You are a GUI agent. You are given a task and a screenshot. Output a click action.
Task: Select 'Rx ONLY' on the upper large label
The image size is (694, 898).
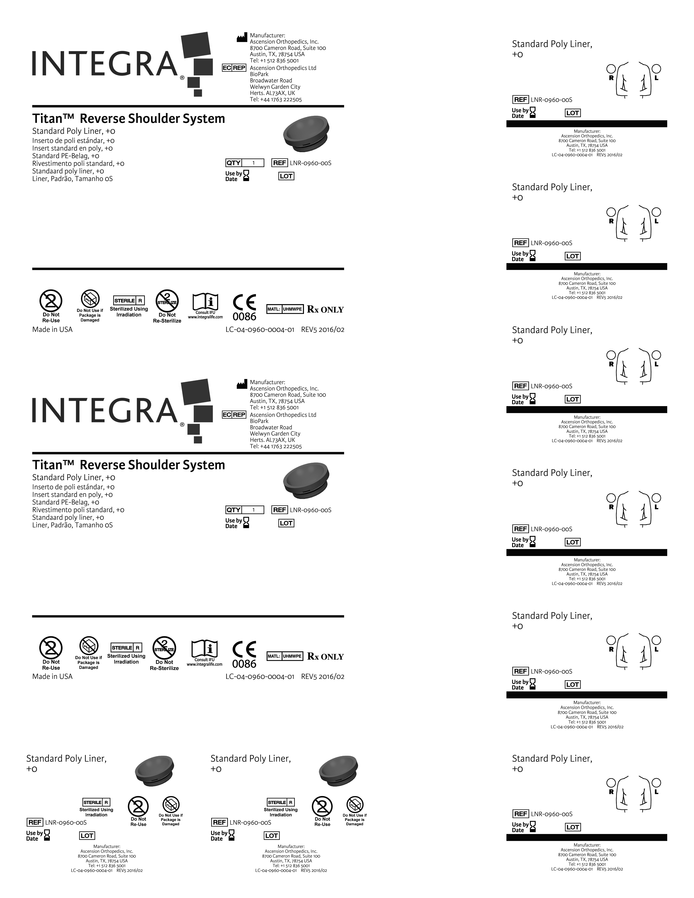325,310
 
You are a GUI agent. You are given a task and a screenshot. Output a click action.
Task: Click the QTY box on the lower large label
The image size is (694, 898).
245,510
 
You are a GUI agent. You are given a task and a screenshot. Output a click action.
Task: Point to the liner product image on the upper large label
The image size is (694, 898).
306,134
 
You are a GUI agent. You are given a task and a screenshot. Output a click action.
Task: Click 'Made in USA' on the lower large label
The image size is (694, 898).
52,676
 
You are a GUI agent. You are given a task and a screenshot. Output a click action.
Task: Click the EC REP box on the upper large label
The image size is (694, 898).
234,68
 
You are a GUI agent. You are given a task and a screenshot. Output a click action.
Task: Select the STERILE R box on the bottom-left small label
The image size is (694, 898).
96,802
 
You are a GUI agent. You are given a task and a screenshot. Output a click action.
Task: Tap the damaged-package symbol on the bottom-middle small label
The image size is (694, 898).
354,805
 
